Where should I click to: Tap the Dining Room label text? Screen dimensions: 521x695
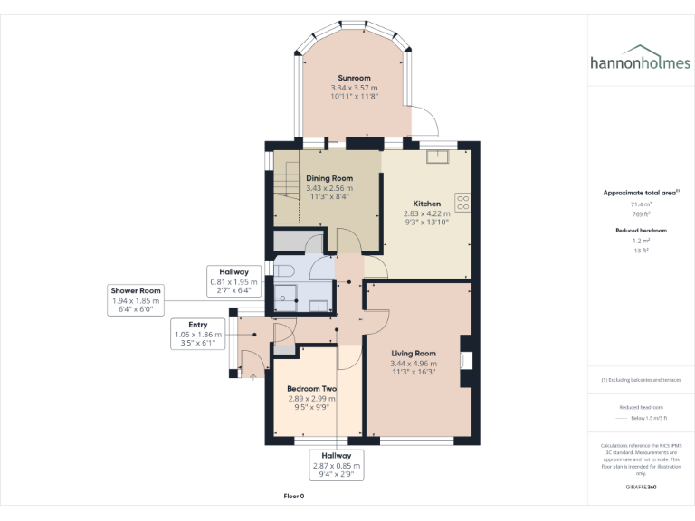click(328, 178)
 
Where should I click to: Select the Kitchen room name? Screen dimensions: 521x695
click(426, 204)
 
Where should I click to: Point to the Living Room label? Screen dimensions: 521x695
click(414, 353)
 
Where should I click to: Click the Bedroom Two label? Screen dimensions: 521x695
click(311, 389)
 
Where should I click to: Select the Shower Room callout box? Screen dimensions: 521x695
click(137, 300)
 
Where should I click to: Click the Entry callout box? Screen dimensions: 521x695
click(197, 334)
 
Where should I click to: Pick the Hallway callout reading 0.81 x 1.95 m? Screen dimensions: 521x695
click(234, 281)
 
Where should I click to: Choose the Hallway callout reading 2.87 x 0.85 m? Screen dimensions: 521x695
click(336, 465)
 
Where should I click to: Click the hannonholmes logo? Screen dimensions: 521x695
click(640, 61)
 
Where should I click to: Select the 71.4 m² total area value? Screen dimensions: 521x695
click(641, 205)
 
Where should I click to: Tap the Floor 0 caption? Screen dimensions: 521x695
click(293, 497)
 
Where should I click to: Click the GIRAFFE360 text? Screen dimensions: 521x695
click(640, 487)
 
